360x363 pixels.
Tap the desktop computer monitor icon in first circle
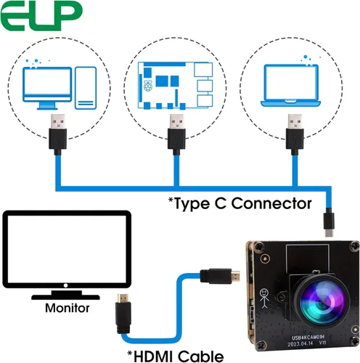(47, 85)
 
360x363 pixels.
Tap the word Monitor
(67, 308)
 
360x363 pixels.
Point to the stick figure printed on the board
(263, 297)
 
